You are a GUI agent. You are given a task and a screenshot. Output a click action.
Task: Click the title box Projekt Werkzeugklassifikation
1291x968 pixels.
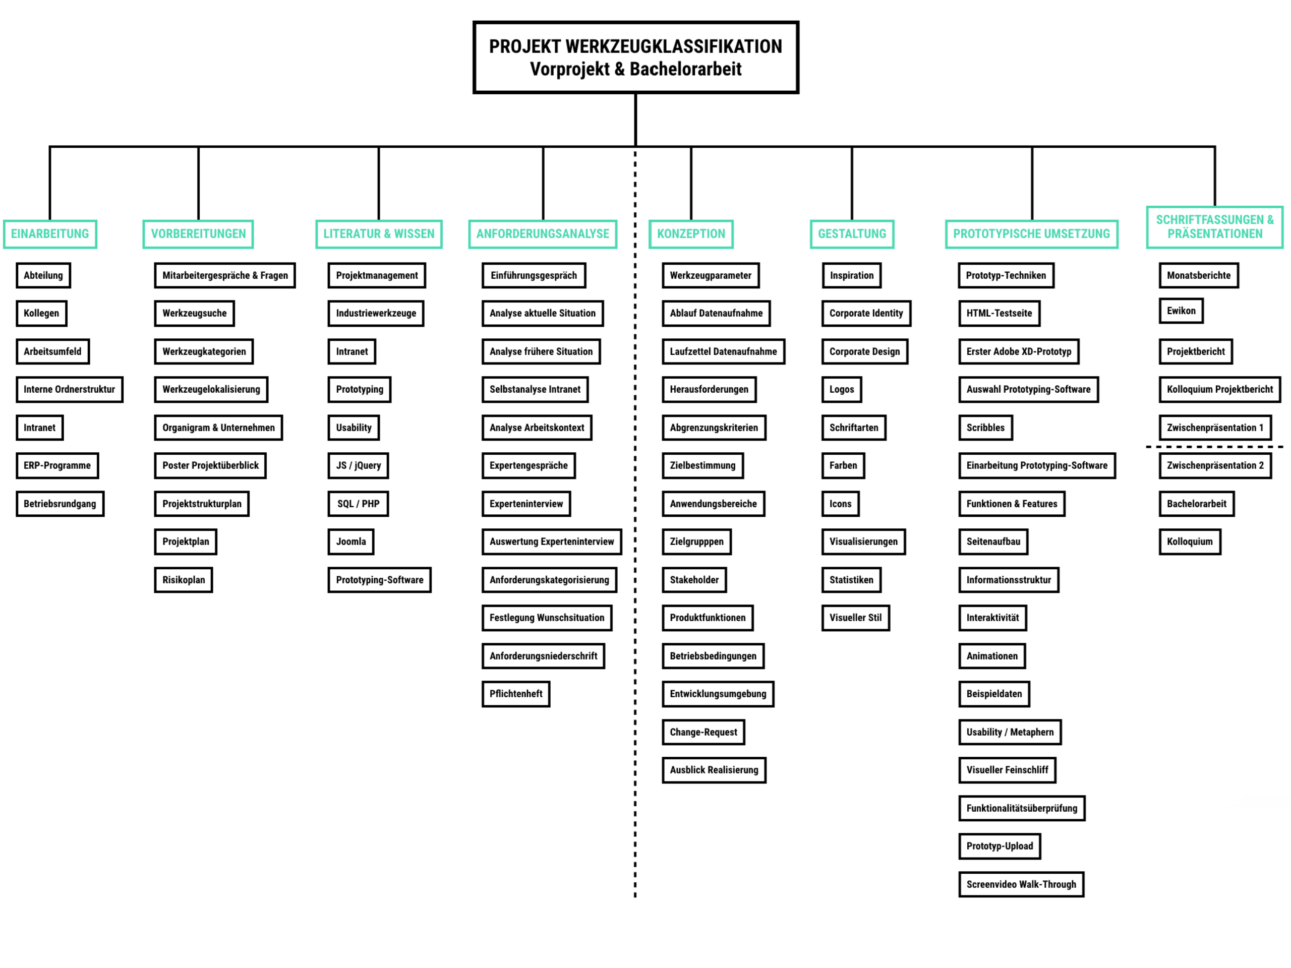coord(635,57)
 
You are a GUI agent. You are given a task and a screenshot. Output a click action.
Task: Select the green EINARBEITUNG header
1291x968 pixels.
coord(50,234)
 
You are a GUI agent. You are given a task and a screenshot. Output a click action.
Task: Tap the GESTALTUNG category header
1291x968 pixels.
coord(852,234)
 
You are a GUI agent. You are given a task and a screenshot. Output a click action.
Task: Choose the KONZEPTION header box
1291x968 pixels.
coord(691,234)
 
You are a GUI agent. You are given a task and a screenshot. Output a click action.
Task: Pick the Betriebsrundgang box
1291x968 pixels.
coord(60,504)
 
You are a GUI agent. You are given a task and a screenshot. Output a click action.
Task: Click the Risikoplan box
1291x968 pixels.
coord(184,579)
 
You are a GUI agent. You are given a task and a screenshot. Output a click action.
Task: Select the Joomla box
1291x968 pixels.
coord(351,541)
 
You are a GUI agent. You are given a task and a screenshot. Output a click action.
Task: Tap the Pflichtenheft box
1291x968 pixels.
coord(516,694)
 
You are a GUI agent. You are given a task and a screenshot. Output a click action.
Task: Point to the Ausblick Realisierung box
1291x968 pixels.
coord(714,770)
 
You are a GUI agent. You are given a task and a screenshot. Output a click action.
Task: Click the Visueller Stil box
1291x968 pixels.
coord(856,617)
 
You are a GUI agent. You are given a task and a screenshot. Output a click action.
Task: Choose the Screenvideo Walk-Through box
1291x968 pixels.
coord(1021,884)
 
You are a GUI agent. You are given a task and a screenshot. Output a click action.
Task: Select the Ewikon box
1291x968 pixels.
coord(1181,311)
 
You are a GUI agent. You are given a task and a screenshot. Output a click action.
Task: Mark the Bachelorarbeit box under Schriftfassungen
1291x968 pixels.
coord(1197,504)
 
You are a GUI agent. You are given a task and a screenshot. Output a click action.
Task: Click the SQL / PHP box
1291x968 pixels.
coord(359,504)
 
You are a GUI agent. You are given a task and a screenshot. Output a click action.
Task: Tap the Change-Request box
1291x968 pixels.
coord(703,732)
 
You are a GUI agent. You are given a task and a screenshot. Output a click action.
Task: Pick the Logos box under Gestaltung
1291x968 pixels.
coord(842,389)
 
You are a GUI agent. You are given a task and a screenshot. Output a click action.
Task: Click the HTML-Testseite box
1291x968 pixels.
coord(999,313)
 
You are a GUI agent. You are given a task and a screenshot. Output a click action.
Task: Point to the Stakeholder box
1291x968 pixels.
coord(694,579)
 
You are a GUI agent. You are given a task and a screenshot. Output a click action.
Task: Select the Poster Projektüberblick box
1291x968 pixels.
coord(210,466)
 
